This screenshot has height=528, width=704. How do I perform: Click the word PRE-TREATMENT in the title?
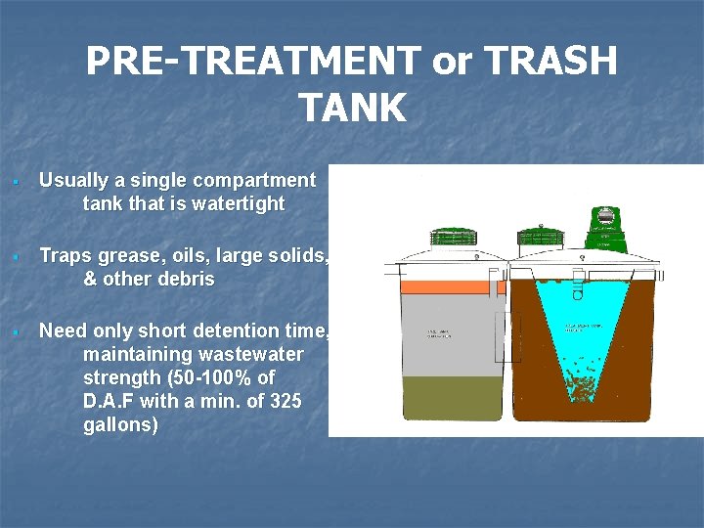pos(251,63)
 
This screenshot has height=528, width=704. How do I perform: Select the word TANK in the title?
pos(352,108)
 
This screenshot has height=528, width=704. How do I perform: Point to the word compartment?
pos(254,181)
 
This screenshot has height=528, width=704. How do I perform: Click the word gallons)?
pos(120,425)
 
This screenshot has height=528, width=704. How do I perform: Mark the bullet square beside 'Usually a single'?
pos(16,182)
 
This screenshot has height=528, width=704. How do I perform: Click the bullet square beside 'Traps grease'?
pos(16,257)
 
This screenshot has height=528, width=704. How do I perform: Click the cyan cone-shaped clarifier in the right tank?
pos(577,337)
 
